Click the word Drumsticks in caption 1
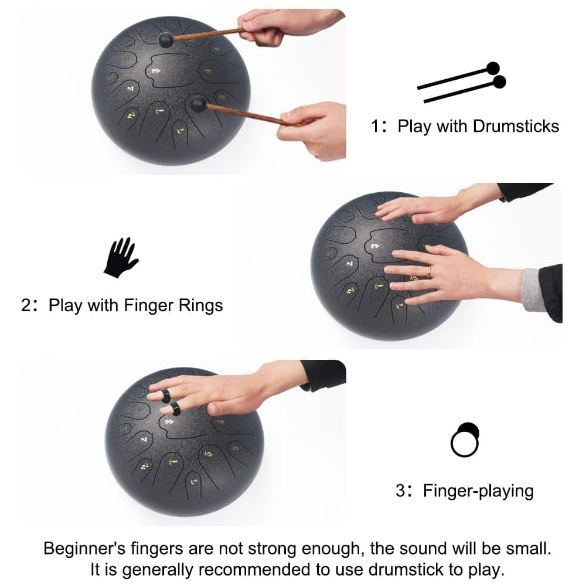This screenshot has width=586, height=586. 516,127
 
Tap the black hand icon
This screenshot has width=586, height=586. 121,257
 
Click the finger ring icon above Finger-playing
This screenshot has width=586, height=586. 465,439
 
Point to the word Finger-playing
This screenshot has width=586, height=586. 478,490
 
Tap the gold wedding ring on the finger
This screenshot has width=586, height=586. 429,272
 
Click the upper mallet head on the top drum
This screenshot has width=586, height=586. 166,40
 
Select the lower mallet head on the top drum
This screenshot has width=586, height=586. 197,104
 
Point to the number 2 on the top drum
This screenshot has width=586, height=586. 130,88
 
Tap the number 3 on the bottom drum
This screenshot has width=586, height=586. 169,421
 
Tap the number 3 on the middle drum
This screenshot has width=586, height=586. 375,246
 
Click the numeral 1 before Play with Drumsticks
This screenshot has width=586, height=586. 375,127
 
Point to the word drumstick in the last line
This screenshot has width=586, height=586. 407,570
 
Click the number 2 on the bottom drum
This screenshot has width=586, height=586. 144,439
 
